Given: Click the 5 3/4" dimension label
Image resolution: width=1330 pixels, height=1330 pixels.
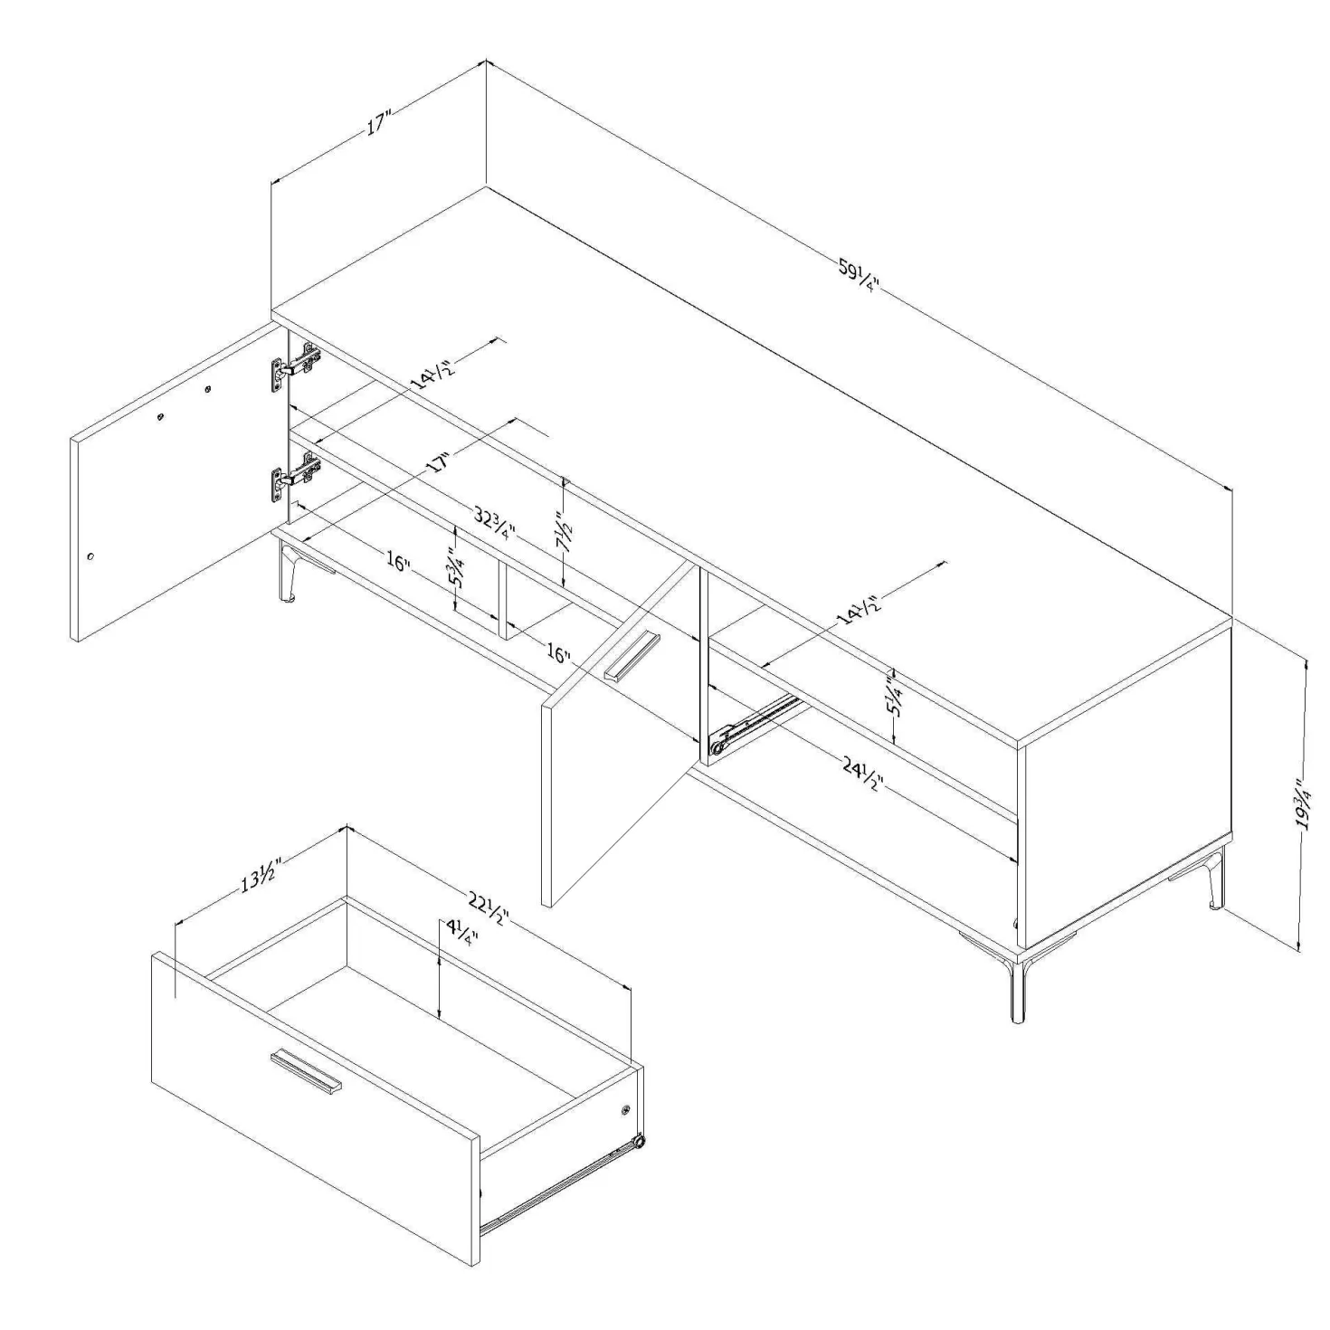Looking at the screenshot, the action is [x=455, y=566].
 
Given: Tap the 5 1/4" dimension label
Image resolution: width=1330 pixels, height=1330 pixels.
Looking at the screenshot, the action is [x=896, y=698].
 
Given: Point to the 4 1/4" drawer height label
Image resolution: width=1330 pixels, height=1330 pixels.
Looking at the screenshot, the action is [x=455, y=936].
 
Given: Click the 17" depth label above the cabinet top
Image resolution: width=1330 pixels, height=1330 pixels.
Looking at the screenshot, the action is [x=378, y=124].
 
